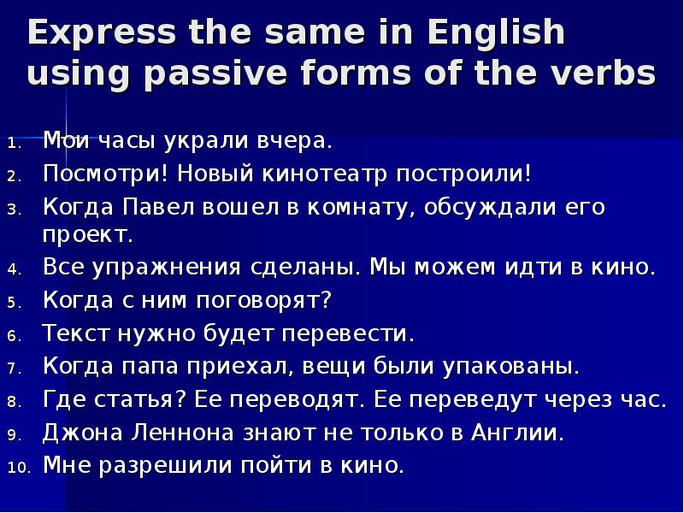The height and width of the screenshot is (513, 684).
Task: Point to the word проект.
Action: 86,234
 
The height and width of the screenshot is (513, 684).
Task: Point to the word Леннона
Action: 179,433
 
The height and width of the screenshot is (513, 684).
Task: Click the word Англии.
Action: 518,433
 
